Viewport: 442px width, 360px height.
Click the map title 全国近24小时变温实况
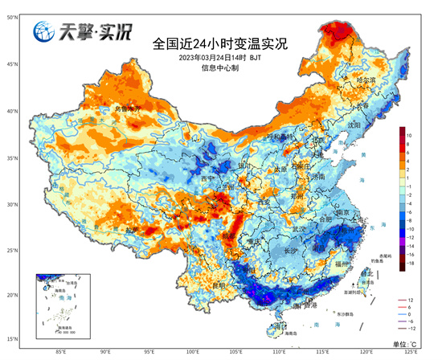tap(219, 42)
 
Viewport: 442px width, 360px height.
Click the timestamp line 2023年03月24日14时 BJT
tap(219, 57)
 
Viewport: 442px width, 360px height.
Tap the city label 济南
tap(319, 176)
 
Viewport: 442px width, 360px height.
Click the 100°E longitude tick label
tap(193, 351)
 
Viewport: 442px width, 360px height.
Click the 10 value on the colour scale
tap(409, 136)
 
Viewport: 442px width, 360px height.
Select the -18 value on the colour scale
tap(409, 262)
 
